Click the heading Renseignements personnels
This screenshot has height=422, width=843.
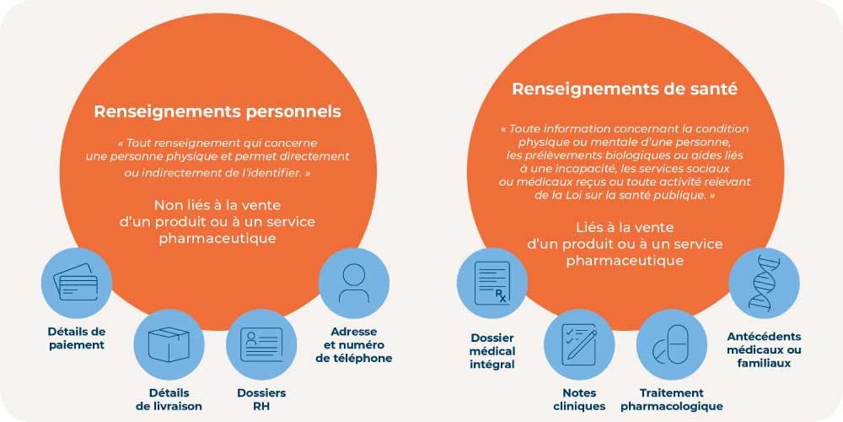pyautogui.click(x=217, y=112)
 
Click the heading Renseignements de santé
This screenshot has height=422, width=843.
pyautogui.click(x=625, y=89)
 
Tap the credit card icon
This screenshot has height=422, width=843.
pyautogui.click(x=77, y=283)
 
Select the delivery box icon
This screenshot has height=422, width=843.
pyautogui.click(x=169, y=344)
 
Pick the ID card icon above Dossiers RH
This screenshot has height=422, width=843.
pyautogui.click(x=261, y=344)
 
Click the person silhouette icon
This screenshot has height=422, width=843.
pyautogui.click(x=354, y=283)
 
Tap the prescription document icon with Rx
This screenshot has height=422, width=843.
pyautogui.click(x=492, y=283)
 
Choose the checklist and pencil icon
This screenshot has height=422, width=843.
pyautogui.click(x=579, y=344)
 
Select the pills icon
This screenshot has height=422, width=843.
pyautogui.click(x=671, y=344)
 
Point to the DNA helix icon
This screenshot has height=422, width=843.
pyautogui.click(x=764, y=283)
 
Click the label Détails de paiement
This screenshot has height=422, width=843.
pyautogui.click(x=77, y=338)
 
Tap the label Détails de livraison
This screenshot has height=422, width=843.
pyautogui.click(x=169, y=399)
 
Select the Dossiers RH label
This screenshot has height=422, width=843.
pyautogui.click(x=261, y=399)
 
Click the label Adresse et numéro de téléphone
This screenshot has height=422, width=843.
pyautogui.click(x=354, y=344)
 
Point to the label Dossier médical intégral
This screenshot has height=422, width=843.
pyautogui.click(x=492, y=351)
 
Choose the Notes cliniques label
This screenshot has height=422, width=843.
pyautogui.click(x=579, y=399)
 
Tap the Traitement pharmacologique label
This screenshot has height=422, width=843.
pyautogui.click(x=672, y=399)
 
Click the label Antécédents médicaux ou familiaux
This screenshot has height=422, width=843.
pyautogui.click(x=764, y=350)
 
